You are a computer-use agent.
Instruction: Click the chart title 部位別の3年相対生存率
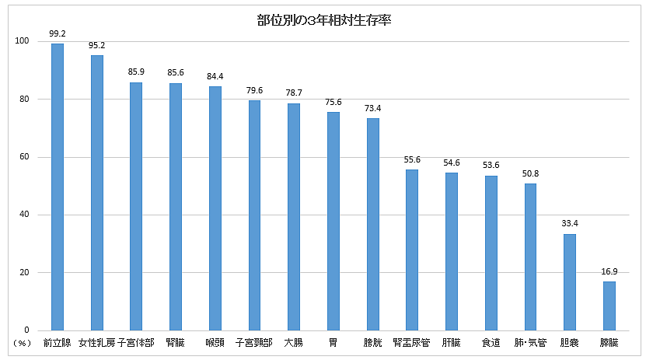(323, 20)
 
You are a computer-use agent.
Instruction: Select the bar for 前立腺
(58, 187)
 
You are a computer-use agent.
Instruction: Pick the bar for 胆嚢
(570, 281)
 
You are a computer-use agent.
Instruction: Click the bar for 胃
(333, 221)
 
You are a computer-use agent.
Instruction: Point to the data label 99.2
(58, 34)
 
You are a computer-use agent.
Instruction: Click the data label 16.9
(609, 272)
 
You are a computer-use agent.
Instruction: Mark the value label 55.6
(412, 160)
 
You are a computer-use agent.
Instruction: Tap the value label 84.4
(215, 76)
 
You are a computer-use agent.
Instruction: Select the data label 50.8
(530, 174)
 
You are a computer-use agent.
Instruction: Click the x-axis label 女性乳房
(96, 343)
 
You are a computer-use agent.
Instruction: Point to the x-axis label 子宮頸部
(254, 343)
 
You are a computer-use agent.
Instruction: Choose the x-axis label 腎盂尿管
(412, 343)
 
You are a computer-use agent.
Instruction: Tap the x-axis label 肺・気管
(530, 343)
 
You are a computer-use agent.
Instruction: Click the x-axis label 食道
(491, 343)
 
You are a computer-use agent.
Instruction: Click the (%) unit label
(21, 343)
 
